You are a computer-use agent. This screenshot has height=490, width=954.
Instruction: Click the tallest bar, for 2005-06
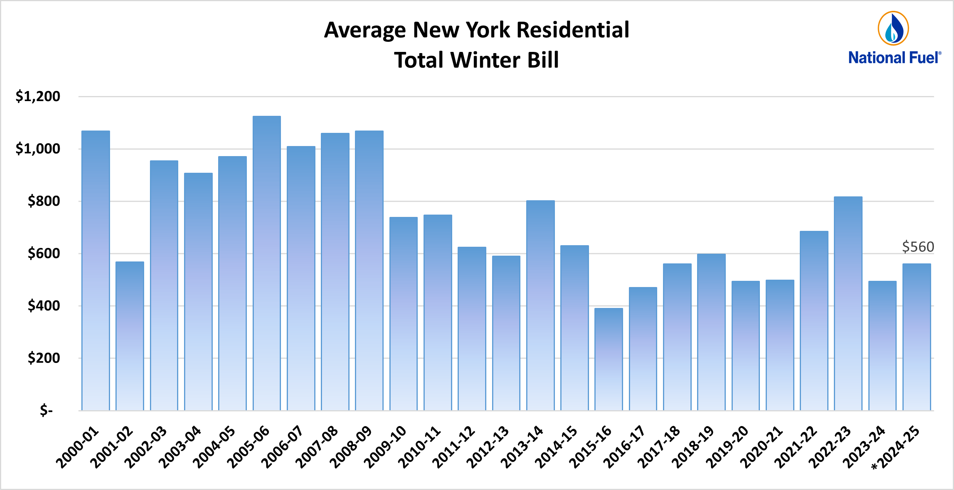tap(267, 263)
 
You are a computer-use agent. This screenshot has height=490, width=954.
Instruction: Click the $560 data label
tap(918, 247)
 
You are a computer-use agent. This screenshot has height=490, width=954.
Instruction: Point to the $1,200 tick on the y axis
tap(38, 96)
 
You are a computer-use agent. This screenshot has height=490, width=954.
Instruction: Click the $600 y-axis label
tap(44, 253)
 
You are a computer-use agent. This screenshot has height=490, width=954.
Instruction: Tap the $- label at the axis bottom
tap(46, 410)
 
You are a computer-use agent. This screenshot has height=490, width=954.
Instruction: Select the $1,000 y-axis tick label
tap(38, 149)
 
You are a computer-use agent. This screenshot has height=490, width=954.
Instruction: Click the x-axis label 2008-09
tap(351, 447)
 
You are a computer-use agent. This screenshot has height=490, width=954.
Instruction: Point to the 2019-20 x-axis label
tap(727, 447)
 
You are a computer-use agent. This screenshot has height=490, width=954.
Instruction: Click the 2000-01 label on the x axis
tap(77, 447)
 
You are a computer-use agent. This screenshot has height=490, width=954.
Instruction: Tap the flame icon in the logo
tap(893, 28)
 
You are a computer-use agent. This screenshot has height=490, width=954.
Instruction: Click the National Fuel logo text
tap(894, 58)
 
